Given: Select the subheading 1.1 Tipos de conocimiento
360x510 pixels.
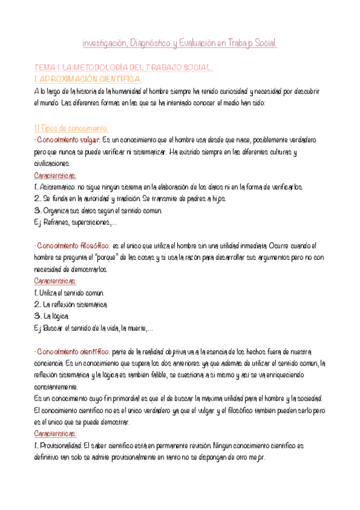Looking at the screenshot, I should (71, 128).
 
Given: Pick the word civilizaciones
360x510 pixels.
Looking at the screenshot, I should (52, 164).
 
